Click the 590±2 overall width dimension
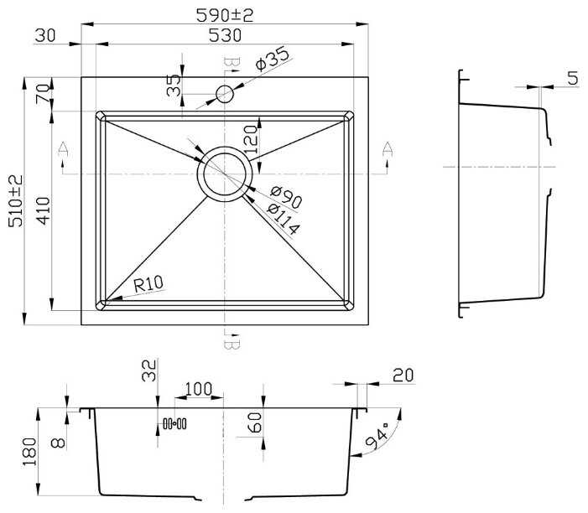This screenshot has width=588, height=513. [x=225, y=15]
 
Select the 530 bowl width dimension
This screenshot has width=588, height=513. [x=225, y=35]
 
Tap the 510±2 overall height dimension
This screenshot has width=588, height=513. [x=16, y=201]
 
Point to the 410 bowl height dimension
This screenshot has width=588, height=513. [x=44, y=210]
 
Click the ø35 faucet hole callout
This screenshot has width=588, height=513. [x=273, y=59]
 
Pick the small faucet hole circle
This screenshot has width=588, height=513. [x=225, y=94]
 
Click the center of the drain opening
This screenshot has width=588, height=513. [x=225, y=174]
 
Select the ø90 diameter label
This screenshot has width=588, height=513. [x=286, y=198]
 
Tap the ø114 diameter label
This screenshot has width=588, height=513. [x=284, y=220]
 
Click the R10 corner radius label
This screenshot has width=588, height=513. [x=148, y=284]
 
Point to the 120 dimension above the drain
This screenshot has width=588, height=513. [x=251, y=140]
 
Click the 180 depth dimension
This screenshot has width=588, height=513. [x=29, y=452]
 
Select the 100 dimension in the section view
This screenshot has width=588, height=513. [x=198, y=389]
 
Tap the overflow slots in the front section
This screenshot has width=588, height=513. [x=174, y=424]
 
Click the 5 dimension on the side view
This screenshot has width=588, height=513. [x=573, y=78]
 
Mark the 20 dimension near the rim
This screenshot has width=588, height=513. [x=403, y=375]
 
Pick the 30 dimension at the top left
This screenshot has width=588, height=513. [x=45, y=35]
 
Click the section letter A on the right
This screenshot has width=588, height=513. [x=388, y=149]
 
